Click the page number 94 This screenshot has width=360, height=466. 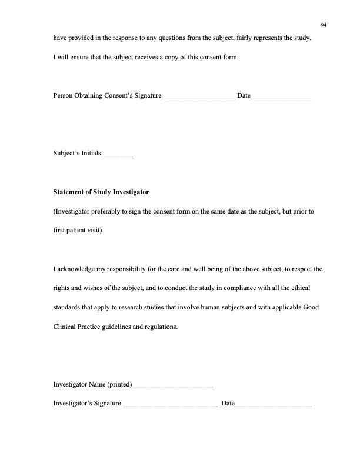point(324,24)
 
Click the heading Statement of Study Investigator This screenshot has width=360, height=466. point(101,192)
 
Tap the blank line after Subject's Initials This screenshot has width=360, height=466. point(117,156)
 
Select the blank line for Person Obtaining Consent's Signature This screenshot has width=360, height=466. point(198,96)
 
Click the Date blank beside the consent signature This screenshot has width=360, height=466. point(281,96)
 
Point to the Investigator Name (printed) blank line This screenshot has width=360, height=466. point(173,387)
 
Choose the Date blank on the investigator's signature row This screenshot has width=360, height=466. point(274,404)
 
